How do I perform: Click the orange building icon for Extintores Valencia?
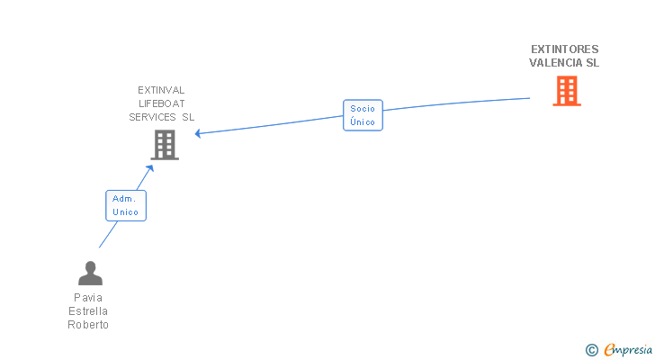pos(566,91)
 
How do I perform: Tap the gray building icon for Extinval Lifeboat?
pos(164,145)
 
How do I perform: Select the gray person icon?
pos(90,273)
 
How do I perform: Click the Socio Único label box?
pos(363,115)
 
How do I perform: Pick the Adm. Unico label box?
pos(126,205)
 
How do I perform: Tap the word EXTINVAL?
pos(161,90)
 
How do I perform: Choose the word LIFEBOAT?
pos(161,103)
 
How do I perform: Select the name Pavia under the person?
pos(88,298)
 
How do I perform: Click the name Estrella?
pos(88,311)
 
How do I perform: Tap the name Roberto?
pos(88,325)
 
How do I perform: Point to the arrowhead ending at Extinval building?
pos(198,134)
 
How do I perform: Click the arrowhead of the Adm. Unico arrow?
pos(151,168)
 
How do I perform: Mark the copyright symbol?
pos(591,349)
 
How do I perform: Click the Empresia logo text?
pos(628,349)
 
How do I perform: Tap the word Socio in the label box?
pos(363,109)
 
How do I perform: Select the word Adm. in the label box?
pos(125,199)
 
